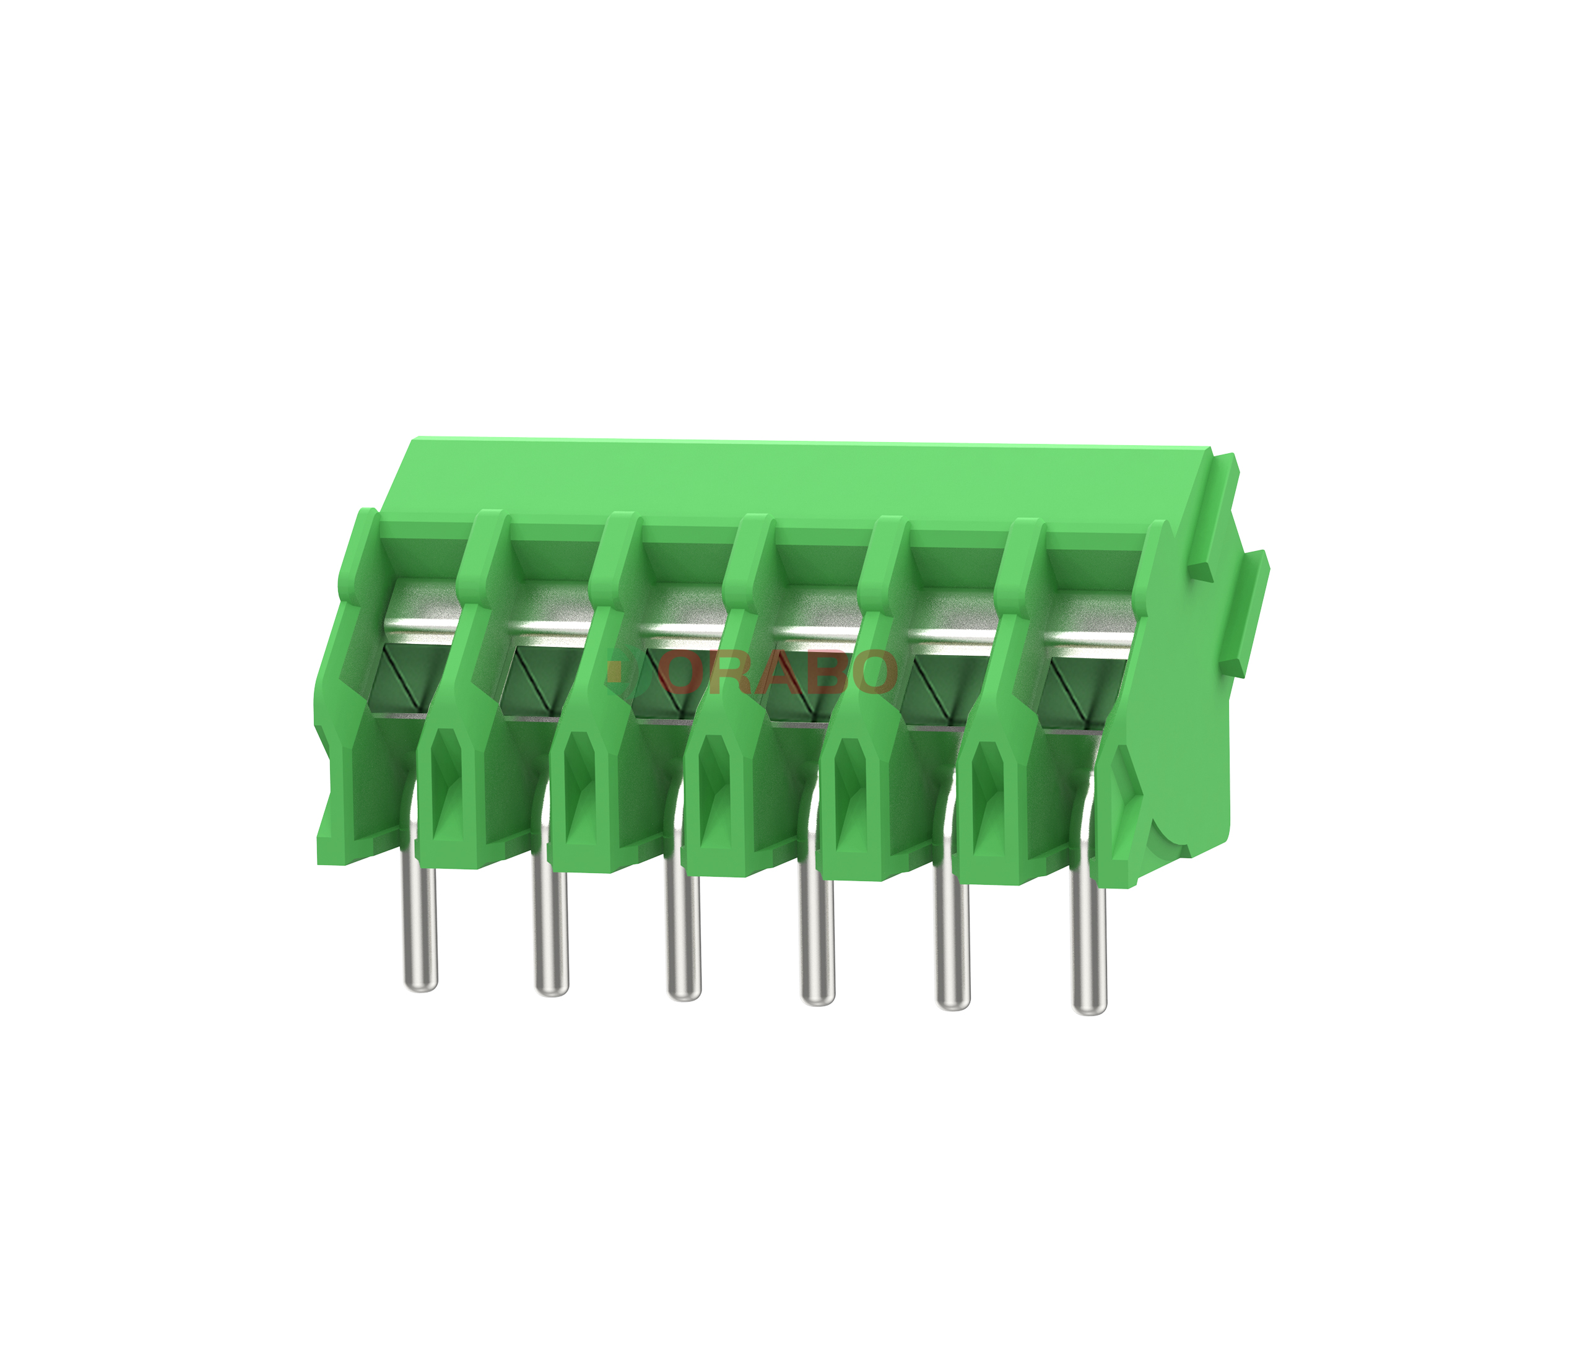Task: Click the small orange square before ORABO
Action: coord(614,672)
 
